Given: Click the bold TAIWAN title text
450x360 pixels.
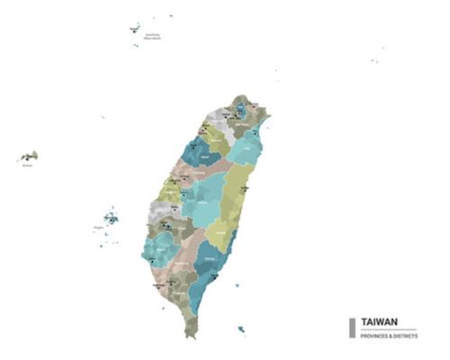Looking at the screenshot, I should (381, 320).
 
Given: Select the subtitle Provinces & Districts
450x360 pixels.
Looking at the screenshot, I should (390, 335).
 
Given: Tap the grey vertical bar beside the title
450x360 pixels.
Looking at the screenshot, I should (352, 327).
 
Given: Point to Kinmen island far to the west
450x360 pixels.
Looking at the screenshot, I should (28, 157).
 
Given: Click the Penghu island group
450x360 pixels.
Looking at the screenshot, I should (109, 219).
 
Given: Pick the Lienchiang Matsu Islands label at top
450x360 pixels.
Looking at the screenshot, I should (151, 37).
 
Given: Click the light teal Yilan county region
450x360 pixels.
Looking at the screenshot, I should (244, 148).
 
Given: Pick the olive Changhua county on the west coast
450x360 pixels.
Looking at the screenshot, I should (169, 192).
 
